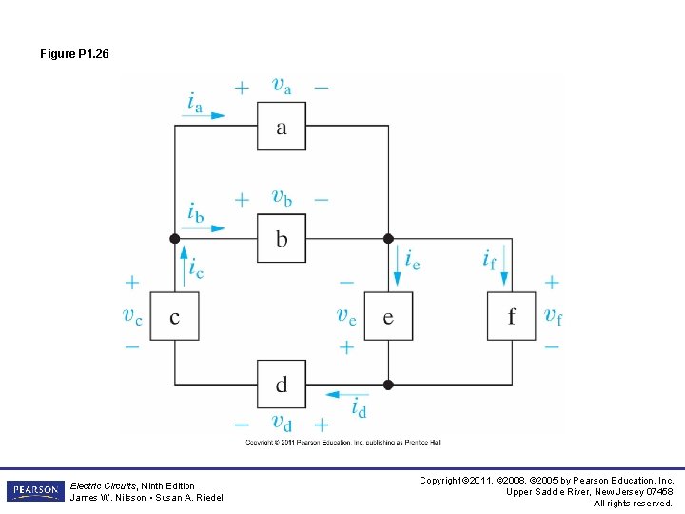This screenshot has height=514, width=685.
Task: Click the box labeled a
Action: [282, 126]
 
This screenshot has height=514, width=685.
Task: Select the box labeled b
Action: [282, 238]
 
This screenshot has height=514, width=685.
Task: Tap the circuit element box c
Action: [174, 316]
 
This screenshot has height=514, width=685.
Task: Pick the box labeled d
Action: [282, 384]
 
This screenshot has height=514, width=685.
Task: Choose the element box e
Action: [388, 316]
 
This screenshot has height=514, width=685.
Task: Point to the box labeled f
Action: [511, 316]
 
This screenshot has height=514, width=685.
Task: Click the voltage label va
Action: [282, 86]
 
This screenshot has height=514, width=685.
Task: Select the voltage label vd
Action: [282, 423]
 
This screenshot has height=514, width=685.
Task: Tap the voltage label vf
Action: [553, 315]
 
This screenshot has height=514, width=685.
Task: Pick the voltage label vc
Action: [132, 316]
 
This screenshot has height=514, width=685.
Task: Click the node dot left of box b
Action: [174, 238]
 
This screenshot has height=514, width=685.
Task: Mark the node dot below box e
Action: [388, 385]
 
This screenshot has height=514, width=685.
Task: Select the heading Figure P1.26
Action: [74, 54]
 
